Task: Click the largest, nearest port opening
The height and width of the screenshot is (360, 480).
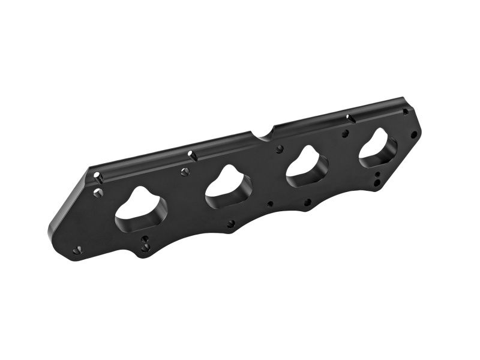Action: [x=140, y=209]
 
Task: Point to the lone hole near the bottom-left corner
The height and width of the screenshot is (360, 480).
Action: [x=77, y=250]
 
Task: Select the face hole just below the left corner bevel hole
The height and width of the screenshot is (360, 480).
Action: [x=98, y=193]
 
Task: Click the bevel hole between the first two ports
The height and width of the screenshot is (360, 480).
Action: [x=192, y=155]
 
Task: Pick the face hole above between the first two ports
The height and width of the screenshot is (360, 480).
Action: [x=185, y=172]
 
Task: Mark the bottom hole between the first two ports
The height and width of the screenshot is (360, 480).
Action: [x=231, y=224]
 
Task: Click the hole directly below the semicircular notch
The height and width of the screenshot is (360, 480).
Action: [x=280, y=148]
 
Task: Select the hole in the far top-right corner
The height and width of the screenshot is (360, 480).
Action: [x=406, y=112]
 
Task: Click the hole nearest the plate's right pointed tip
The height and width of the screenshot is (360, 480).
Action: [x=413, y=134]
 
